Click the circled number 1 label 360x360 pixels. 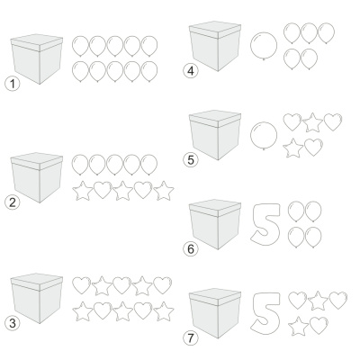pyautogui.click(x=12, y=84)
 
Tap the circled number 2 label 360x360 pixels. pyautogui.click(x=12, y=202)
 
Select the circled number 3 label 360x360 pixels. pyautogui.click(x=12, y=323)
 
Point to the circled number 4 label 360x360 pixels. pyautogui.click(x=191, y=71)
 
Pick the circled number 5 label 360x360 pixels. pyautogui.click(x=191, y=159)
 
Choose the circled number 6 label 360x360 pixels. pyautogui.click(x=191, y=249)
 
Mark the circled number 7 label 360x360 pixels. pyautogui.click(x=191, y=338)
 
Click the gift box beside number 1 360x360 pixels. pyautogui.click(x=37, y=59)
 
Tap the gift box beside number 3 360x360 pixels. pyautogui.click(x=37, y=299)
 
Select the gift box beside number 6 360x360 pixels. pyautogui.click(x=215, y=224)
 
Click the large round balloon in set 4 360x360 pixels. pyautogui.click(x=264, y=46)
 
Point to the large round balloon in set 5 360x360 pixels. pyautogui.click(x=264, y=135)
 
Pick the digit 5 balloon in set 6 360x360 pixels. pyautogui.click(x=265, y=222)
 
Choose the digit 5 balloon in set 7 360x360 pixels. pyautogui.click(x=265, y=312)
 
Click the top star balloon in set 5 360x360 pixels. pyautogui.click(x=312, y=122)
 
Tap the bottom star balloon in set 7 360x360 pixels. pyautogui.click(x=299, y=326)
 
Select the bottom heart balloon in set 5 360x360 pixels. pyautogui.click(x=313, y=147)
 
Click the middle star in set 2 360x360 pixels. pyautogui.click(x=122, y=191)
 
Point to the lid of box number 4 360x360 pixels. pyautogui.click(x=215, y=29)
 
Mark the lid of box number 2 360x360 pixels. pyautogui.click(x=37, y=160)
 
